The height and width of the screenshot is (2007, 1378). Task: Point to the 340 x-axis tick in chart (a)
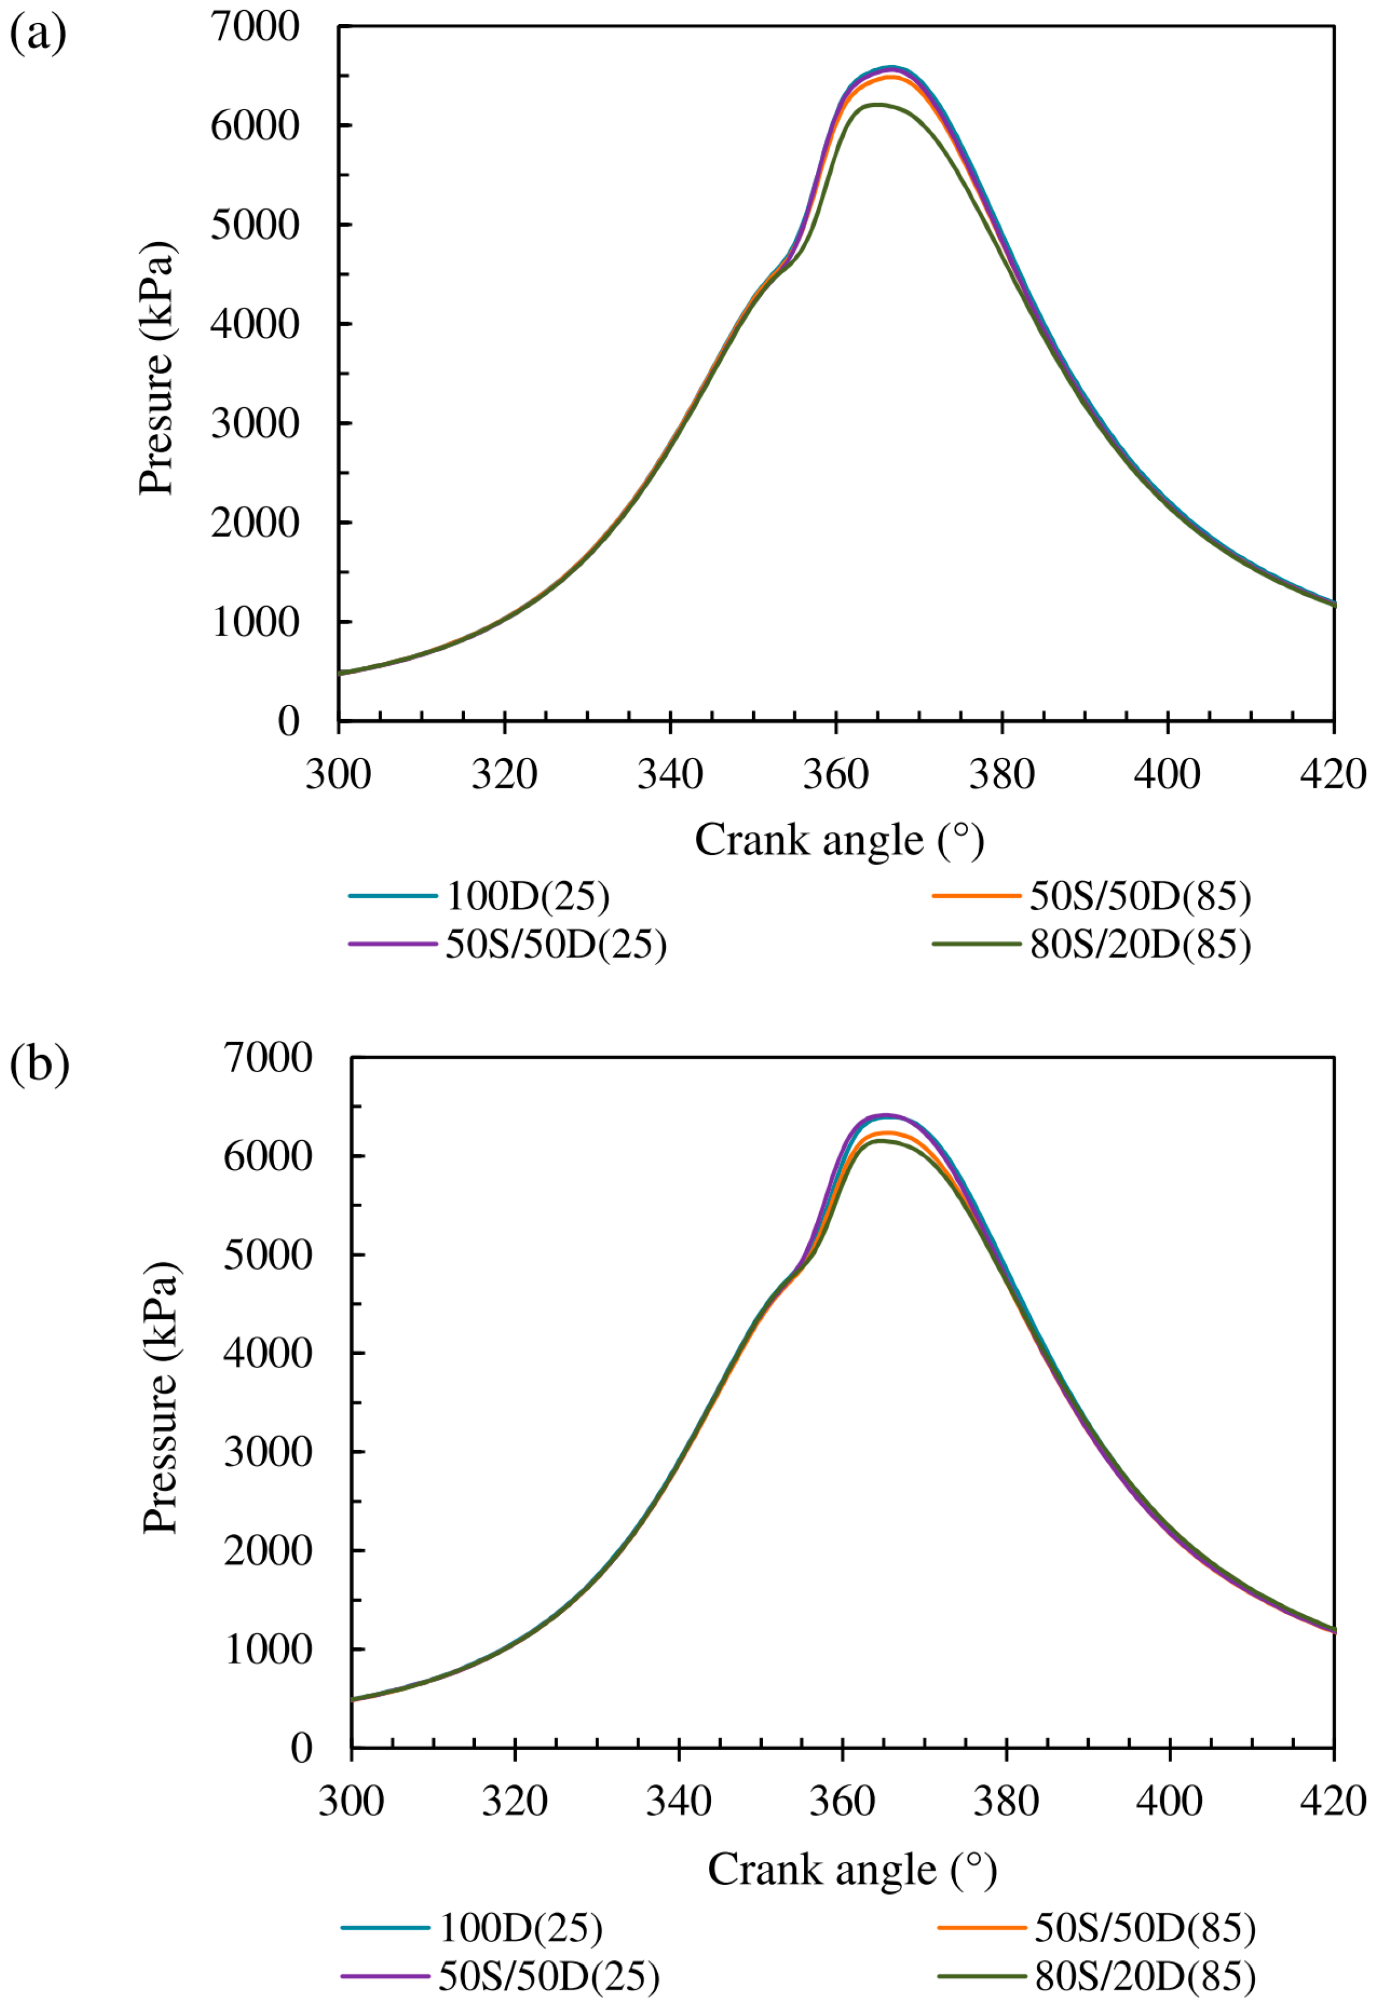pyautogui.click(x=670, y=773)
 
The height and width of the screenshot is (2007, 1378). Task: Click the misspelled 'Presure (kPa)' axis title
pyautogui.click(x=157, y=368)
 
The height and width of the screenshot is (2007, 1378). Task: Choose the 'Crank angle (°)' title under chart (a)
pyautogui.click(x=839, y=840)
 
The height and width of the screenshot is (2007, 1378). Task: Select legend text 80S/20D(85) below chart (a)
pyautogui.click(x=1140, y=944)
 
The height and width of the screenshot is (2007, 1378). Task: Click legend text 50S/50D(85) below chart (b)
pyautogui.click(x=1145, y=1927)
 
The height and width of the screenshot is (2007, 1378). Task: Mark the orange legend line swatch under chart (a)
pyautogui.click(x=976, y=896)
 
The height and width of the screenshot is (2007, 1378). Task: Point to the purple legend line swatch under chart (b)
pyautogui.click(x=384, y=1975)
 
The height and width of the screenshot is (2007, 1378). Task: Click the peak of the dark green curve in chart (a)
pyautogui.click(x=877, y=105)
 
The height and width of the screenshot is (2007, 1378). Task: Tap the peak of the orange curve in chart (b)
pyautogui.click(x=886, y=1132)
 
